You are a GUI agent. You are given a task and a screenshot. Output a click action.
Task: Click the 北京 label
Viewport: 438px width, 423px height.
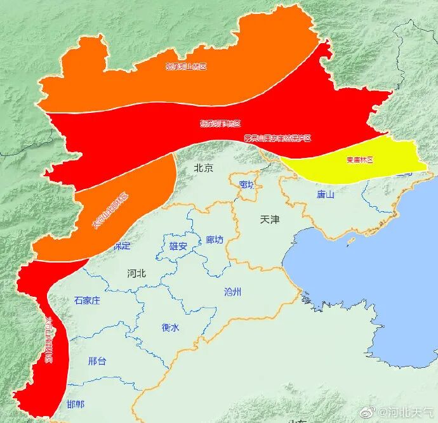pyautogui.click(x=203, y=169)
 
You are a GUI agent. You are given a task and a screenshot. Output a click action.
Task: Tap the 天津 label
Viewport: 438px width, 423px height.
pyautogui.click(x=270, y=220)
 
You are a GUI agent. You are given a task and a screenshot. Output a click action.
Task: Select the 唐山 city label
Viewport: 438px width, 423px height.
pyautogui.click(x=326, y=195)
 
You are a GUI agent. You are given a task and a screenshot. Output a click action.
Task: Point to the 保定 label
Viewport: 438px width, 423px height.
pyautogui.click(x=121, y=245)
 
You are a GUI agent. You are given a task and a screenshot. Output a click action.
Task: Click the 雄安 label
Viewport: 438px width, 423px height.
pyautogui.click(x=178, y=246)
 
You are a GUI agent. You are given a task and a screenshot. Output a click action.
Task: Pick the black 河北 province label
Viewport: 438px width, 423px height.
pyautogui.click(x=136, y=273)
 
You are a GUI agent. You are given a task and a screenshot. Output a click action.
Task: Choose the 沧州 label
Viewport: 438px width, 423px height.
pyautogui.click(x=233, y=292)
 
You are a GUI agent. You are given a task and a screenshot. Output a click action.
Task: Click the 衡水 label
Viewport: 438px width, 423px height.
pyautogui.click(x=171, y=328)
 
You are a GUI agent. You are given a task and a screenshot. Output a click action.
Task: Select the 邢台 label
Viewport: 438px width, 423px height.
pyautogui.click(x=97, y=361)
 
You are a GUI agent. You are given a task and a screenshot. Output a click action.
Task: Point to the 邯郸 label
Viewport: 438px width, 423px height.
pyautogui.click(x=76, y=405)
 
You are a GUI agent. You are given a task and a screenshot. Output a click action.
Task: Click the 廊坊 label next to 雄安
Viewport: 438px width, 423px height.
pyautogui.click(x=215, y=240)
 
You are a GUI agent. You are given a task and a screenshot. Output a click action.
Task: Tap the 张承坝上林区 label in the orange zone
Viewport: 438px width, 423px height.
pyautogui.click(x=187, y=66)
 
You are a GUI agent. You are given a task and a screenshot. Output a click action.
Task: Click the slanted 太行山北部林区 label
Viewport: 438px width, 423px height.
pyautogui.click(x=110, y=211)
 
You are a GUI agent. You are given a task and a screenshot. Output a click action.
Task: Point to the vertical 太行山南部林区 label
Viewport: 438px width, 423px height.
pyautogui.click(x=50, y=340)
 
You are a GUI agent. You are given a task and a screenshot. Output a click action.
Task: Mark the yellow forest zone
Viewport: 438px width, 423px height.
pyautogui.click(x=381, y=159)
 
